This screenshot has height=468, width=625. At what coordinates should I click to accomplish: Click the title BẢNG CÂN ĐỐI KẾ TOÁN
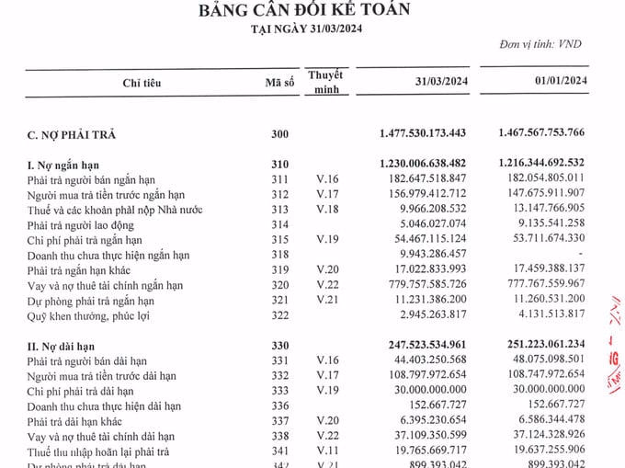coord(312,10)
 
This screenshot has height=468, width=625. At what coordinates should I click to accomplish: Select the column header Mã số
coord(279,83)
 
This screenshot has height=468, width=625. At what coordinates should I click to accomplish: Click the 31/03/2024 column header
coord(437,83)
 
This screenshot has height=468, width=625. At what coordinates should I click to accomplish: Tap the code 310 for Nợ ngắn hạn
coord(279,164)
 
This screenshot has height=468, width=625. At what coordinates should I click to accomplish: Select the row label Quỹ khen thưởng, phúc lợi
coord(88,315)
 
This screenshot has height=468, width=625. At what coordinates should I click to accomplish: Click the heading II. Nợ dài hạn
coord(68,346)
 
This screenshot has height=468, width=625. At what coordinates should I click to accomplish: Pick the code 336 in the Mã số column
coord(279,405)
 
